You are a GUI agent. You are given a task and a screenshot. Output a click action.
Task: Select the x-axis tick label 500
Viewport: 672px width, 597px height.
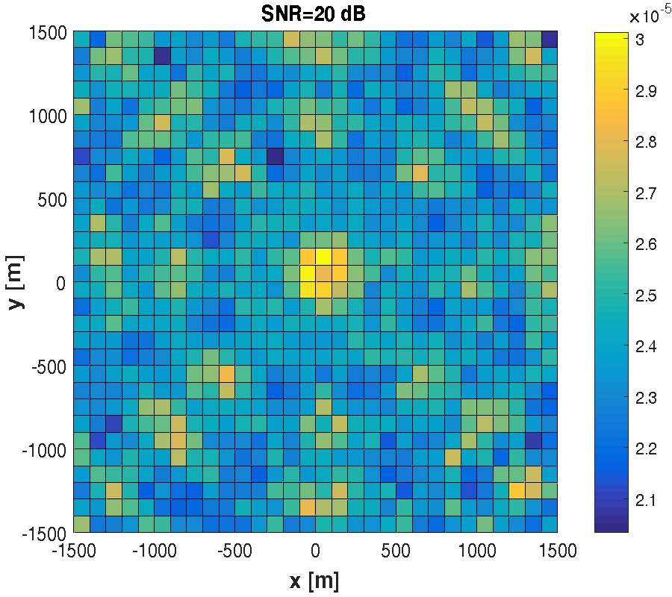point(396,552)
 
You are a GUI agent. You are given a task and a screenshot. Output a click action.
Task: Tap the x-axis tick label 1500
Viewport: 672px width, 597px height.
point(557,552)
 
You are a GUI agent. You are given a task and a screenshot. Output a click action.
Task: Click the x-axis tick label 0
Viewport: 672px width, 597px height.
point(315,552)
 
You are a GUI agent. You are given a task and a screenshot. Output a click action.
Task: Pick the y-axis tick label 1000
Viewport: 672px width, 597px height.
point(49,116)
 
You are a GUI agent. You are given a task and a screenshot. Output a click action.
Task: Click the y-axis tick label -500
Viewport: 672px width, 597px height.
point(46,366)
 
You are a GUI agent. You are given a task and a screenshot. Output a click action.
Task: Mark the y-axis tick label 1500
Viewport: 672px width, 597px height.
point(49,33)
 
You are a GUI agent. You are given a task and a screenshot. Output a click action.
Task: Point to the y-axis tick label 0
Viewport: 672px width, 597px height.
point(63,283)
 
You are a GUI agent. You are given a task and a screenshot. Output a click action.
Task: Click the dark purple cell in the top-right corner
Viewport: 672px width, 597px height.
point(550,39)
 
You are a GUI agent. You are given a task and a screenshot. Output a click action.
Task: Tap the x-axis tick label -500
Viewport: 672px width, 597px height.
point(234,552)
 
